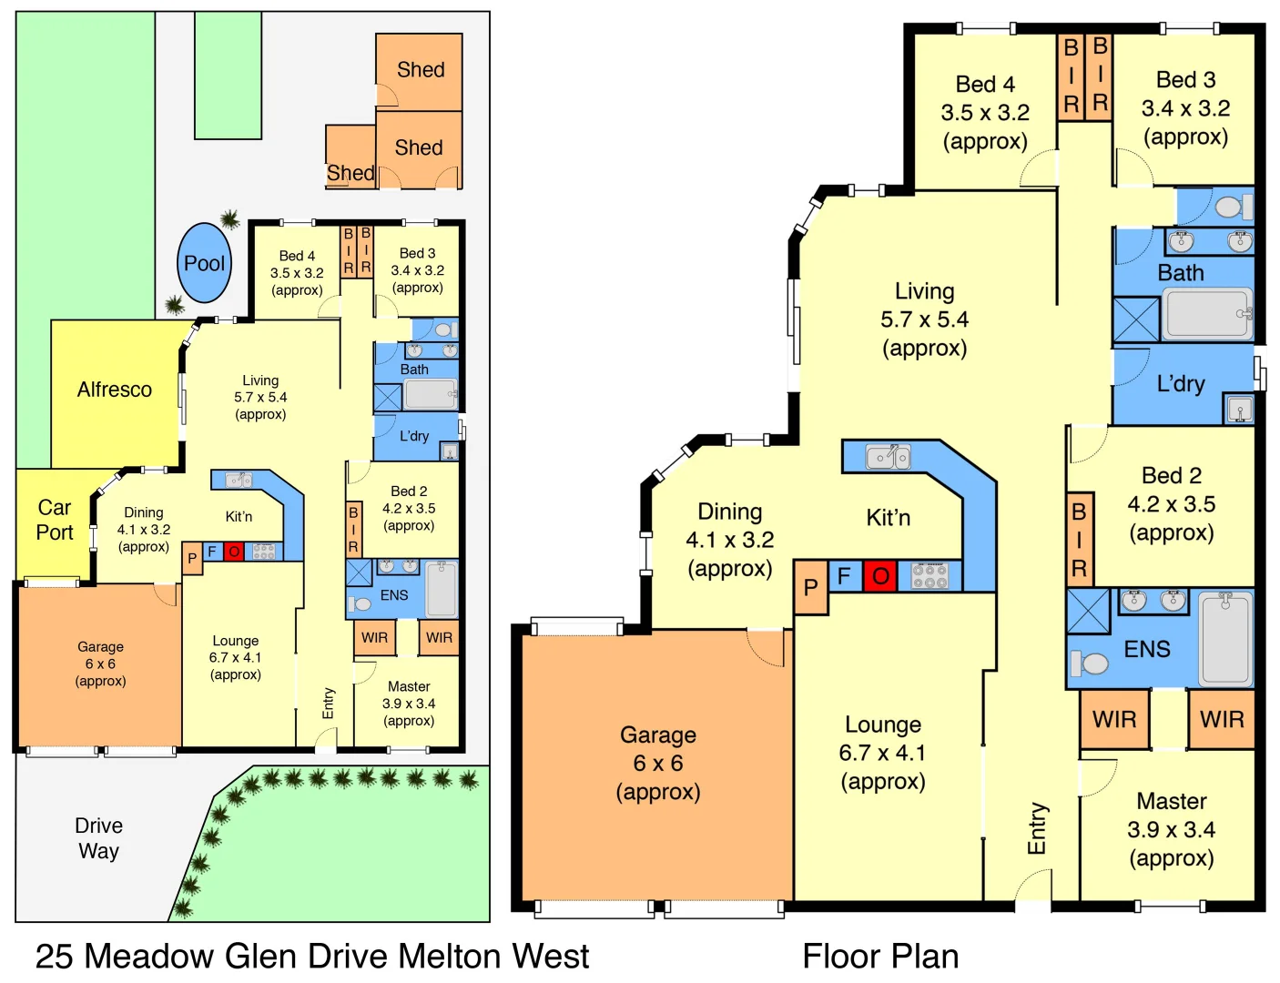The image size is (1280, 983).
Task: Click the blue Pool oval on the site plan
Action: [204, 263]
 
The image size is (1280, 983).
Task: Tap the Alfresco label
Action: [115, 390]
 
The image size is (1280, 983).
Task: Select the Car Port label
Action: [55, 520]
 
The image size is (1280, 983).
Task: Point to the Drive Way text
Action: [98, 838]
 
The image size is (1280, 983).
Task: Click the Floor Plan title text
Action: [879, 957]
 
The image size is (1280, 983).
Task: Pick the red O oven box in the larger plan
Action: [880, 576]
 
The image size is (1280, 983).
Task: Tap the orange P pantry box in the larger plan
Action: [810, 588]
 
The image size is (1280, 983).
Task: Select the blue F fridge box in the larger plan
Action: [844, 576]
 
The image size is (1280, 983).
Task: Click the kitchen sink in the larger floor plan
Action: [888, 457]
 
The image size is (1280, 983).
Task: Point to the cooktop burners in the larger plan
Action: [930, 576]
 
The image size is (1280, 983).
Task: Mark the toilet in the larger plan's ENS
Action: [1091, 663]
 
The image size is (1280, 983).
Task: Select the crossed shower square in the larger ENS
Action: [1088, 611]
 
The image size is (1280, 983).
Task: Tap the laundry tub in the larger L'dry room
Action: [1239, 410]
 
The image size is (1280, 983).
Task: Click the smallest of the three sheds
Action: [350, 157]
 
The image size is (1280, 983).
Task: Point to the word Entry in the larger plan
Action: [1037, 828]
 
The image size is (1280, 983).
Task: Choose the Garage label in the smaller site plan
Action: [100, 664]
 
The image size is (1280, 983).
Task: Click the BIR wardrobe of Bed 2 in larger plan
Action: [1079, 540]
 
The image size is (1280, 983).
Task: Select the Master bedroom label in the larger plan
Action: [1171, 829]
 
